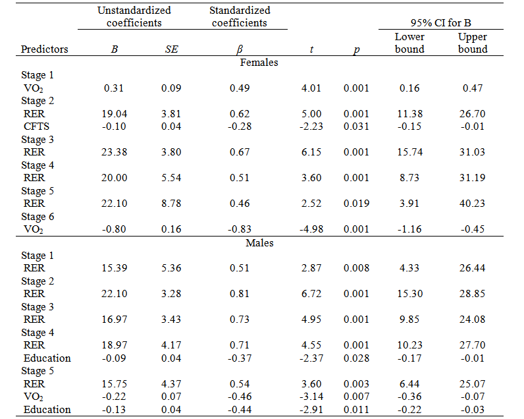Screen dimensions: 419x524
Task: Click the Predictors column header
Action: (44, 49)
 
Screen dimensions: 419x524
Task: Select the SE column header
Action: (170, 49)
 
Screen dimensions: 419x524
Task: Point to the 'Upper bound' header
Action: (473, 43)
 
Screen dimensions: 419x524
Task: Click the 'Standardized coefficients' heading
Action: (240, 16)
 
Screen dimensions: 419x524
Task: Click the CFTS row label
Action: (37, 126)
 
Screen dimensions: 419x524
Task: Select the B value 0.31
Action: (115, 88)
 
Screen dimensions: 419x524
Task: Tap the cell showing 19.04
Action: (115, 114)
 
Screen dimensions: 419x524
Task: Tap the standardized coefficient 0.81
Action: (240, 294)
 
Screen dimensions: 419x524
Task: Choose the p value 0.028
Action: (355, 358)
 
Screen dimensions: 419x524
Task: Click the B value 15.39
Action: (115, 268)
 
